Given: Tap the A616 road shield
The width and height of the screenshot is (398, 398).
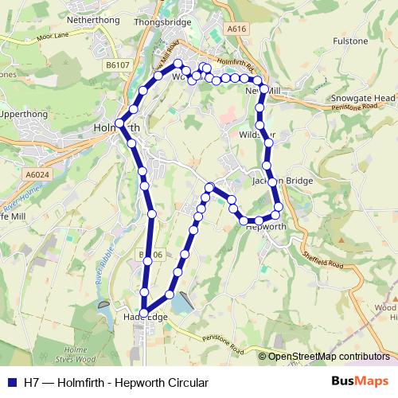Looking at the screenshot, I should tap(234, 28).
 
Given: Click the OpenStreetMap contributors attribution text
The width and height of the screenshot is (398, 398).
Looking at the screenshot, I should tap(328, 357).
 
